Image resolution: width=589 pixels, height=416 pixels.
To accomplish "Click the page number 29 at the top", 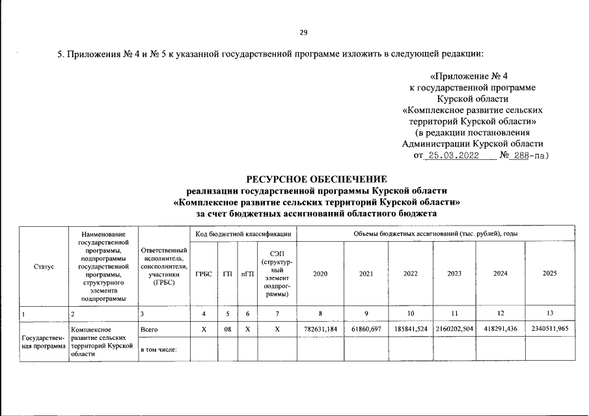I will [x=303, y=32].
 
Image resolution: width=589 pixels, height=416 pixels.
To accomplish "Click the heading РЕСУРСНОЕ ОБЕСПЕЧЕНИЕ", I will [x=316, y=179].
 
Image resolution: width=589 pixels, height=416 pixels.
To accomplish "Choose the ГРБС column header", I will [x=204, y=274].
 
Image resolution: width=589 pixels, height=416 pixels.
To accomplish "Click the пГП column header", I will [x=247, y=274].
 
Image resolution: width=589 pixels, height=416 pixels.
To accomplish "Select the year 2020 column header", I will [x=320, y=274].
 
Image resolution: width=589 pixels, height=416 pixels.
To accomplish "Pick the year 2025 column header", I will [x=549, y=274].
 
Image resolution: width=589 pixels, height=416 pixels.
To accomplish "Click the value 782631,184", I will [x=320, y=329].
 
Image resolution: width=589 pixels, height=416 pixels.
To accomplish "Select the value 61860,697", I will [x=366, y=329].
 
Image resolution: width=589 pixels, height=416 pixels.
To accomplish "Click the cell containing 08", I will [x=228, y=329].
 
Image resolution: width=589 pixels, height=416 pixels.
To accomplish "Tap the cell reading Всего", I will [x=149, y=329].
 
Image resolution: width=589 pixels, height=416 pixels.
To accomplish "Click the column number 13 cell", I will [x=549, y=313].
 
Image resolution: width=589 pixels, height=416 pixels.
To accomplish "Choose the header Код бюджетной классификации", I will [x=243, y=233].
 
